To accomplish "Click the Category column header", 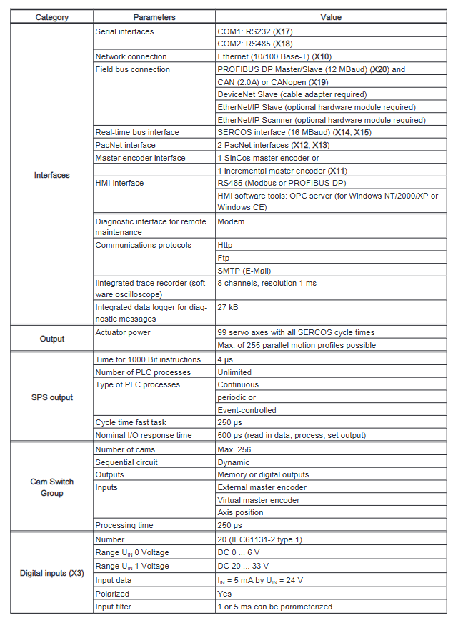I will coord(51,17).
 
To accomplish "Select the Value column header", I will coord(330,17).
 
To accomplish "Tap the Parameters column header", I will coord(154,17).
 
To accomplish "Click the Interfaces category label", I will coord(51,175).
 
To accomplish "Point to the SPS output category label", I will coord(51,397).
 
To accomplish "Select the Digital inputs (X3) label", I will coord(51,573).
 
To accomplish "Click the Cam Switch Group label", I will coord(51,487).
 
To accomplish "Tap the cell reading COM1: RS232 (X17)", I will coord(255,31).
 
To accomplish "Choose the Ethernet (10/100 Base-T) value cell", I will coord(274,56).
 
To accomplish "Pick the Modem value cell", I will coord(231,221).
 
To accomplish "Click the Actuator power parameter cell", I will coord(123,333).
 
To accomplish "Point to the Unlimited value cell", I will coord(234,372).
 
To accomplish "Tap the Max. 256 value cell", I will coord(236,449).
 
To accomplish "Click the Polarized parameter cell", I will coord(112,594).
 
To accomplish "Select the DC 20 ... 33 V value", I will coord(246,566).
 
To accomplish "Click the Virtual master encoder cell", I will coord(259,500).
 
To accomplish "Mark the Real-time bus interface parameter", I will coord(137,132).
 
